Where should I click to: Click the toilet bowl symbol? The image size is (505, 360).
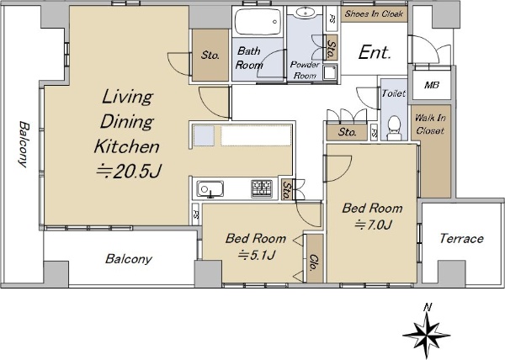(394, 128)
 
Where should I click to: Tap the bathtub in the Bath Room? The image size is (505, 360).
(258, 21)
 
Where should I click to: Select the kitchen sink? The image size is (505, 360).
(210, 189)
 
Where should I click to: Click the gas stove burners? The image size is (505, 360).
(262, 188)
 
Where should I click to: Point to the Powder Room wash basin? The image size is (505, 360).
(305, 13)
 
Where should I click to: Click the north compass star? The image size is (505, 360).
(427, 335)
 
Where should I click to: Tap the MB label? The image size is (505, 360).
(432, 85)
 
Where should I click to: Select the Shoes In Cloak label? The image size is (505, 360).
(374, 13)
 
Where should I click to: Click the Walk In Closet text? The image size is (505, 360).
(430, 124)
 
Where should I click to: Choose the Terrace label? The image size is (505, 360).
(461, 239)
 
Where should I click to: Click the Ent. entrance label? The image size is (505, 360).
(375, 52)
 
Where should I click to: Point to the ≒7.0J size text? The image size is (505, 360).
(373, 225)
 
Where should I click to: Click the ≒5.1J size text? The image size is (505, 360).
(257, 255)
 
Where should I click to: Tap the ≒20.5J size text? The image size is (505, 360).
(129, 171)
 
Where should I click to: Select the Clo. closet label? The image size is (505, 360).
(313, 262)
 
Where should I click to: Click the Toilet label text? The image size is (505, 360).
(394, 93)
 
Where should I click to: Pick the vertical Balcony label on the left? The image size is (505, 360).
(23, 144)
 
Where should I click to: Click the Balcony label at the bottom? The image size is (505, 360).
(129, 259)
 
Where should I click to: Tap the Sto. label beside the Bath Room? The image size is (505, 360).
(210, 56)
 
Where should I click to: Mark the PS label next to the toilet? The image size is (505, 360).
(374, 132)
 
